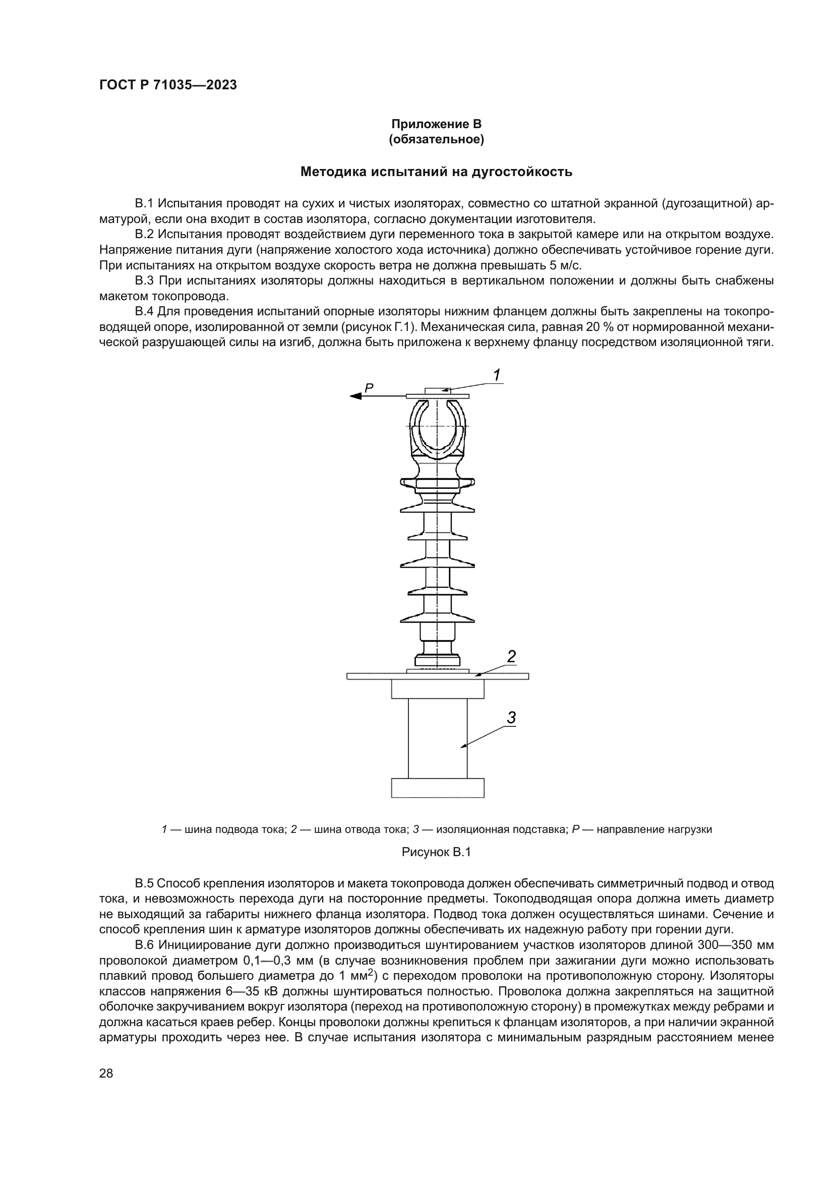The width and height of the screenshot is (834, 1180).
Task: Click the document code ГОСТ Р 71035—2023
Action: tap(168, 85)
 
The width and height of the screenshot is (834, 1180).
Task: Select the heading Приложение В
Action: tap(436, 124)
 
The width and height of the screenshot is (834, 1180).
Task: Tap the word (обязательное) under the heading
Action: tap(436, 139)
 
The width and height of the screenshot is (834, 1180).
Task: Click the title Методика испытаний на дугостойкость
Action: tap(436, 172)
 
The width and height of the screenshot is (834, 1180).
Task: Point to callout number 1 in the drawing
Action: tap(497, 375)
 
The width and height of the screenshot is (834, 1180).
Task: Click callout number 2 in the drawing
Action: tap(511, 657)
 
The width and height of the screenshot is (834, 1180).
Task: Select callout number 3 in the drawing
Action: tap(511, 717)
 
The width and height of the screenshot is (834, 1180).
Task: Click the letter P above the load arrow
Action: tap(369, 388)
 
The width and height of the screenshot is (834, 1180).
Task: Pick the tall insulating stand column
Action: tap(438, 740)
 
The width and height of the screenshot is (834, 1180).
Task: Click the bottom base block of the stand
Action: tap(438, 788)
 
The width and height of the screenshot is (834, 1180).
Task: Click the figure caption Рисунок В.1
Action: tap(436, 853)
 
